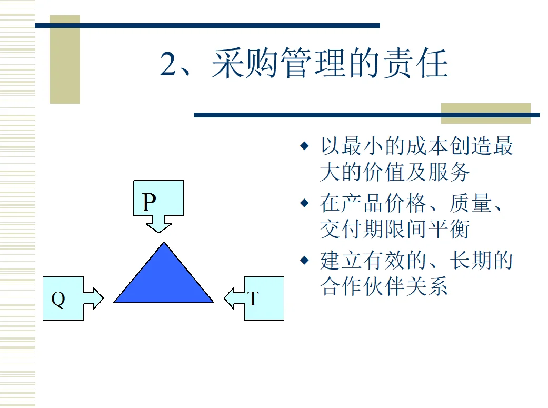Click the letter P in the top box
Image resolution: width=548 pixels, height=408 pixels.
click(x=150, y=202)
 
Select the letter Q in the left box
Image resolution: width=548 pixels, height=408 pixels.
click(x=58, y=299)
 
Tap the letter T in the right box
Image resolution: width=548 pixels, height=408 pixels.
click(x=253, y=299)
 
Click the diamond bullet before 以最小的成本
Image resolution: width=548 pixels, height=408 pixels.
click(x=304, y=145)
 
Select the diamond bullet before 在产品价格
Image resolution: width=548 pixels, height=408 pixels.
click(x=304, y=202)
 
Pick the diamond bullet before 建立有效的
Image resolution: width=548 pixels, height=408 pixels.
click(x=304, y=260)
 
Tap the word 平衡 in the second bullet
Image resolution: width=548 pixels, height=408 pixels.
click(x=452, y=229)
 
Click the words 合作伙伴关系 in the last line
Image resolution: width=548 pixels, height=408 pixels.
click(x=384, y=286)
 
